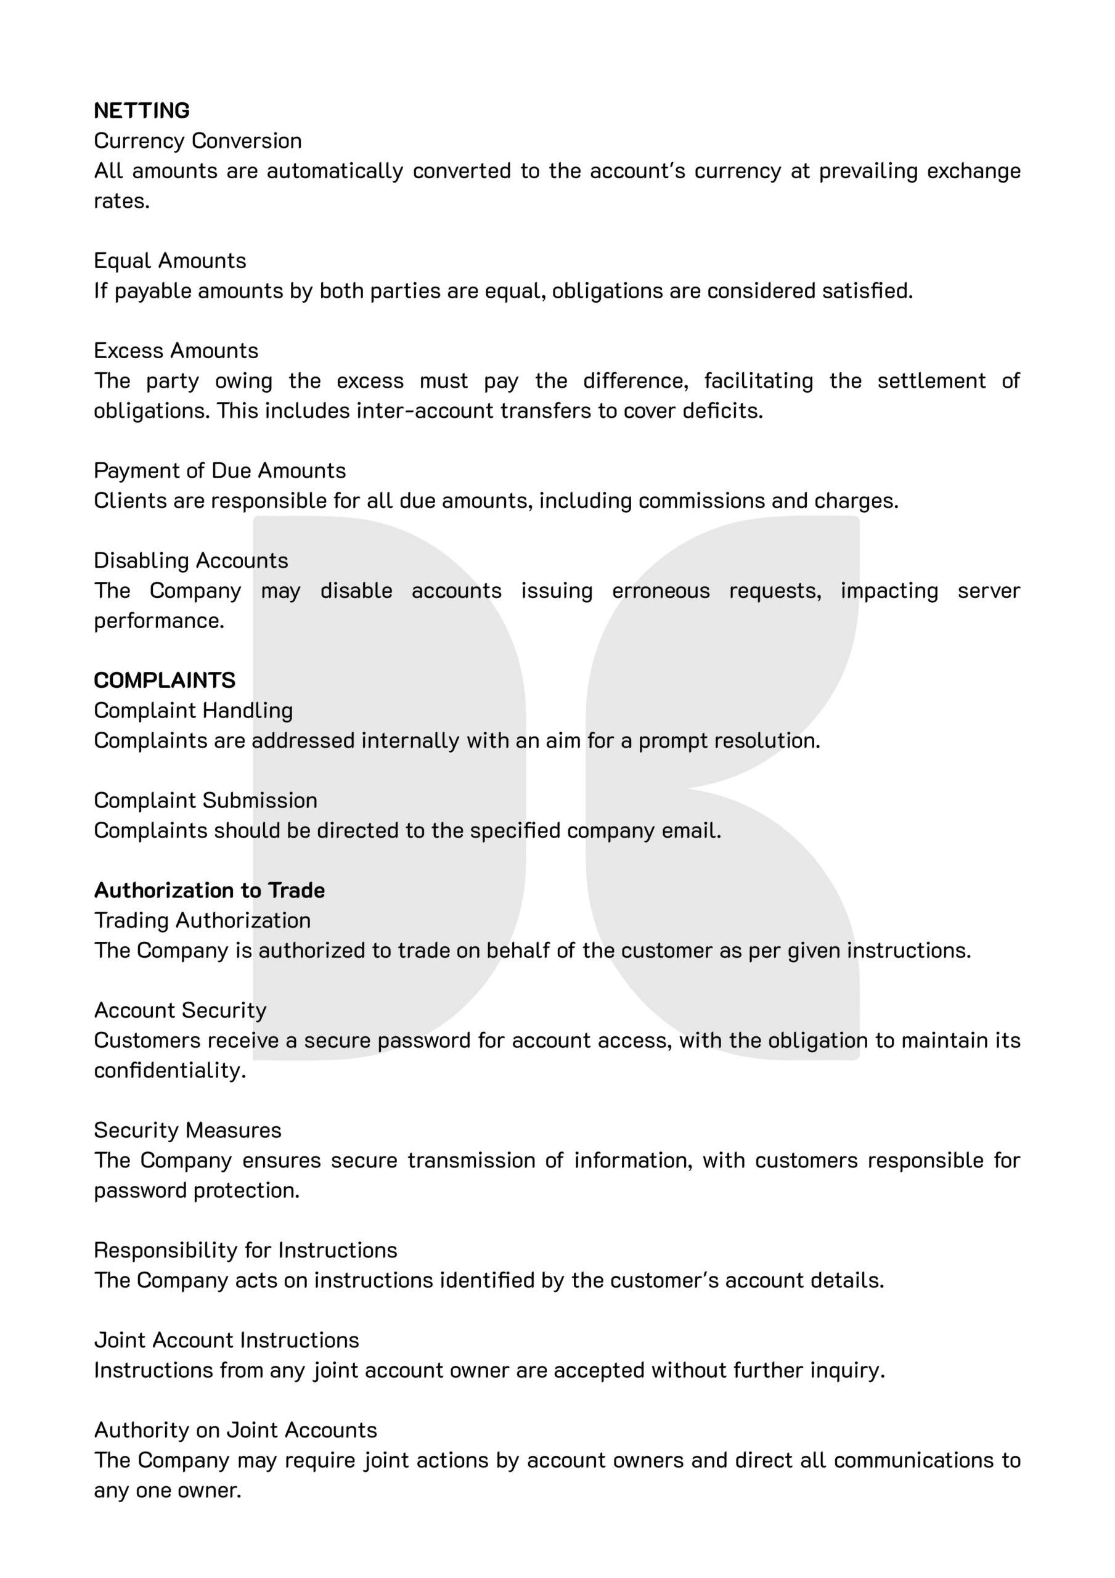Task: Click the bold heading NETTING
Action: (x=142, y=111)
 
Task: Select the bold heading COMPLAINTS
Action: (x=165, y=681)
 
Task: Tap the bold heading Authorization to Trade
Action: (x=209, y=891)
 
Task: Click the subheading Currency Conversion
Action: (x=197, y=141)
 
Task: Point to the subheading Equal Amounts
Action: (x=169, y=261)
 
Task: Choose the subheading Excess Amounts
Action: (x=176, y=351)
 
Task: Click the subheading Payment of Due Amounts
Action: (x=219, y=471)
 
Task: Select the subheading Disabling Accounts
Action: (x=191, y=561)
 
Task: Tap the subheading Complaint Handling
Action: (x=193, y=711)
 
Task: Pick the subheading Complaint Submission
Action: (x=205, y=801)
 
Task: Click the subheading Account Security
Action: (x=180, y=1010)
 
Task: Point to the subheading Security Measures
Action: (x=187, y=1130)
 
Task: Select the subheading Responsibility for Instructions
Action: (x=245, y=1250)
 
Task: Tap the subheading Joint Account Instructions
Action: (x=226, y=1340)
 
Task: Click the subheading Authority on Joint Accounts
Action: (x=235, y=1430)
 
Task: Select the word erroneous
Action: (x=661, y=591)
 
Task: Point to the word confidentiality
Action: (x=169, y=1071)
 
